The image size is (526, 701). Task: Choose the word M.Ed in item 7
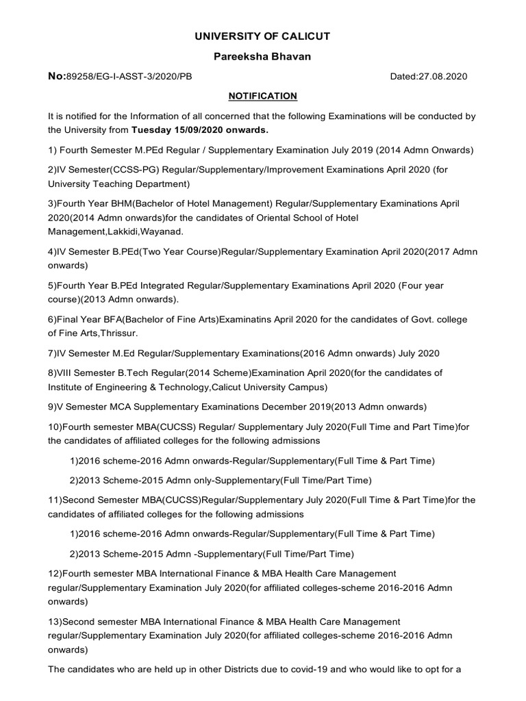tap(127, 353)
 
